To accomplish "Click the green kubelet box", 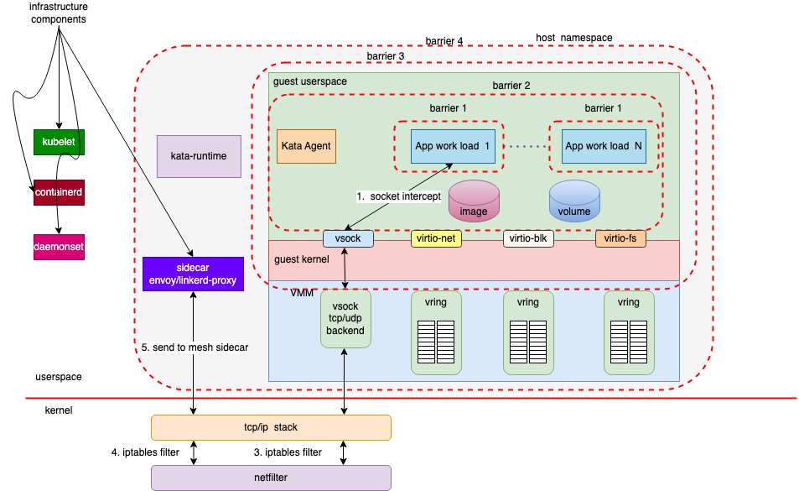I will click(x=59, y=142).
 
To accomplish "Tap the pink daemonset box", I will click(x=59, y=248).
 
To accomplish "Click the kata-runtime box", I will click(x=199, y=156).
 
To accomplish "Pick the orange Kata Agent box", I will click(x=305, y=146).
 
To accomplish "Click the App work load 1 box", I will click(x=452, y=146).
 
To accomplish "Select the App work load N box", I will click(x=604, y=146).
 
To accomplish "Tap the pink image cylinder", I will click(x=474, y=202).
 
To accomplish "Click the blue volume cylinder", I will click(x=574, y=202).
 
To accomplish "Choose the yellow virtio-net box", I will click(x=437, y=238).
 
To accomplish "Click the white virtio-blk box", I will click(x=529, y=238).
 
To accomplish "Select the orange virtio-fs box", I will click(x=621, y=238).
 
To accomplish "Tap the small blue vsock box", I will click(x=347, y=238).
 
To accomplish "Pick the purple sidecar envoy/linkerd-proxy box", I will click(x=193, y=274).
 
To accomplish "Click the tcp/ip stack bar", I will click(x=270, y=427).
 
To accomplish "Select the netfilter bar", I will click(x=270, y=478).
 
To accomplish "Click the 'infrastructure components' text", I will click(x=59, y=13).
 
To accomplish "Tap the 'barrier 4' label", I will click(x=444, y=41).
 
